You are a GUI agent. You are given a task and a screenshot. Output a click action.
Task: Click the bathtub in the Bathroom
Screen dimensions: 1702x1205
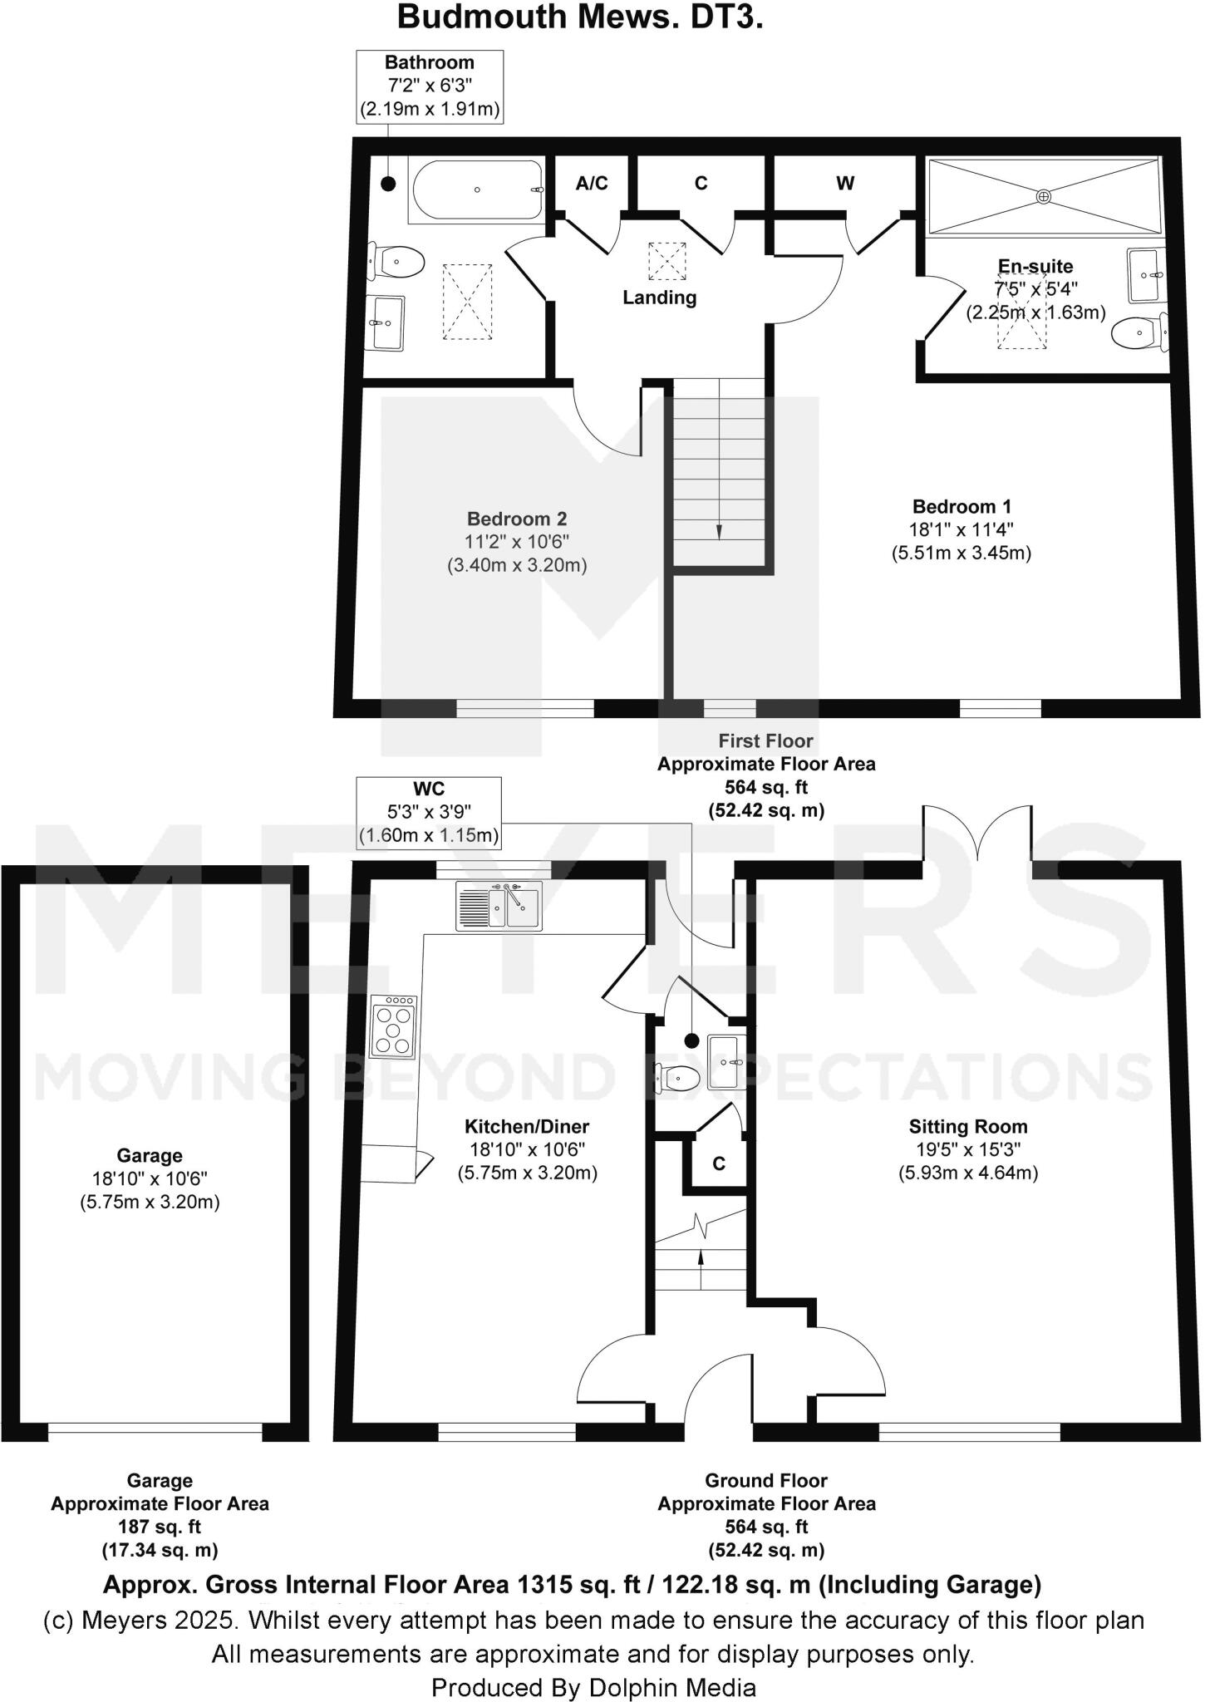click(476, 189)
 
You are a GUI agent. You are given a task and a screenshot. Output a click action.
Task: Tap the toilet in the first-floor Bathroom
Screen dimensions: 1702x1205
click(399, 262)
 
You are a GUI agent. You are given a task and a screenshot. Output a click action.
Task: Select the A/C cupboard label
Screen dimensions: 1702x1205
click(592, 183)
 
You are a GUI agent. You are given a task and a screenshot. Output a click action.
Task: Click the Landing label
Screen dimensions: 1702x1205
click(659, 298)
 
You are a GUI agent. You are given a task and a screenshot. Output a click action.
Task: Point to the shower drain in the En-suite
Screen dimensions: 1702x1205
click(1043, 195)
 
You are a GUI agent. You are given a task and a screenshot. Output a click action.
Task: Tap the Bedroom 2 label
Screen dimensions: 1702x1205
click(517, 519)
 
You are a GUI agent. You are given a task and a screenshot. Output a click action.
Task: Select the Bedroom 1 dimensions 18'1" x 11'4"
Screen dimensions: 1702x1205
click(962, 529)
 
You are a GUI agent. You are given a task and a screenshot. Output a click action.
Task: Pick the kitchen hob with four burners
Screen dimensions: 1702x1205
click(394, 1027)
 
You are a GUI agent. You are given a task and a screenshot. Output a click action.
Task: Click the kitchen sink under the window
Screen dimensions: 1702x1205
click(499, 905)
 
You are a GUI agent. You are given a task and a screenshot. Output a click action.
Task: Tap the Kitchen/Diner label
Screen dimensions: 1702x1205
click(527, 1127)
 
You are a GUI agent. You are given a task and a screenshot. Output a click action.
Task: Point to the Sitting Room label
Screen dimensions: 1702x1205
click(968, 1127)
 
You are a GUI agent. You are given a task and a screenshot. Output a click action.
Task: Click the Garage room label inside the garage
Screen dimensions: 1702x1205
click(150, 1155)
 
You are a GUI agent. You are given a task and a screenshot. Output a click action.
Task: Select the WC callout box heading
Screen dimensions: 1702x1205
click(428, 789)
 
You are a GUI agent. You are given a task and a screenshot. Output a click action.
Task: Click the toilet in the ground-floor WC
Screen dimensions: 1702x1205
click(678, 1078)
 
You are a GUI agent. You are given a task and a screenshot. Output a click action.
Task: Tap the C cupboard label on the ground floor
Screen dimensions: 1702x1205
click(719, 1164)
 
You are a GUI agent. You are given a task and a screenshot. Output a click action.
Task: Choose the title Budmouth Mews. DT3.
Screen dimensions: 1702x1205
click(580, 17)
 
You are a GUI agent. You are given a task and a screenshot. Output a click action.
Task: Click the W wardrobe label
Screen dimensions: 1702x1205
click(845, 184)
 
